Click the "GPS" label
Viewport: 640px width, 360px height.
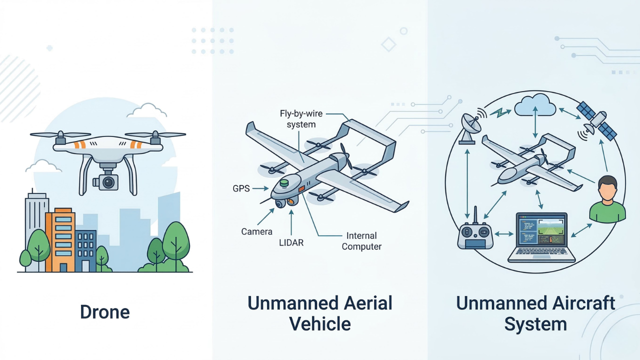click(x=241, y=189)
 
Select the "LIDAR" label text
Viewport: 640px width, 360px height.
click(x=291, y=242)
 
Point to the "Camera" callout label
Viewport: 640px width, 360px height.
click(x=256, y=231)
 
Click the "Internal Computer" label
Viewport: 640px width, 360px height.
click(x=361, y=241)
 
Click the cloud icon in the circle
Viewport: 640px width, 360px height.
click(x=535, y=105)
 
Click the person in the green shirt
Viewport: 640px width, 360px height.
click(x=607, y=199)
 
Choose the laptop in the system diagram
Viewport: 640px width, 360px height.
click(x=541, y=237)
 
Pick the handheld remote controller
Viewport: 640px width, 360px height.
click(x=475, y=234)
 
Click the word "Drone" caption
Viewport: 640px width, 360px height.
click(x=105, y=312)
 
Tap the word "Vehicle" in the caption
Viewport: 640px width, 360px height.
click(x=320, y=323)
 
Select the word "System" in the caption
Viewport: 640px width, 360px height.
click(x=535, y=323)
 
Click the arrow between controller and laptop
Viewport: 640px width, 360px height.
click(x=503, y=233)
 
